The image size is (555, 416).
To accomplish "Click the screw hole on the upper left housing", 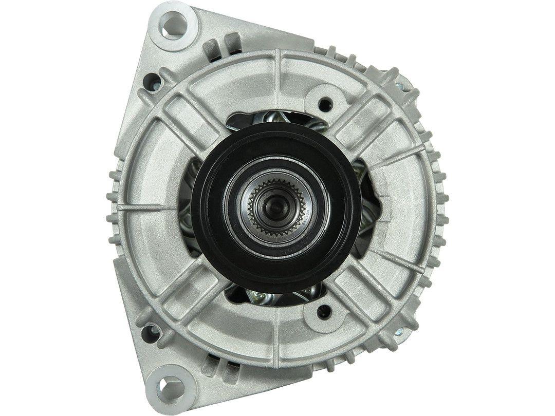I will (x=152, y=81).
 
